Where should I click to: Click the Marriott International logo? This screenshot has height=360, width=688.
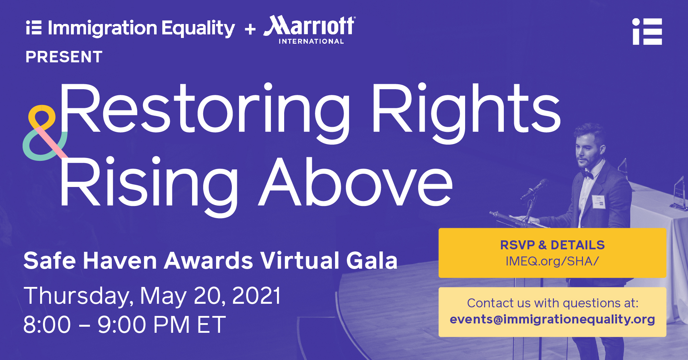tap(310, 30)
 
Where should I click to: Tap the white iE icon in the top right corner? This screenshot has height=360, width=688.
tap(647, 32)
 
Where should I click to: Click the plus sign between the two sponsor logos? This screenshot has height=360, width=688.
tap(250, 29)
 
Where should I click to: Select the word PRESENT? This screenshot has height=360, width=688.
tap(64, 57)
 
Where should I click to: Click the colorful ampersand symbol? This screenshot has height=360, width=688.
tap(44, 133)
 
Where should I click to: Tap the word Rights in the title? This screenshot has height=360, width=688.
tap(466, 111)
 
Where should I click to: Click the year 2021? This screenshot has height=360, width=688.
tap(257, 296)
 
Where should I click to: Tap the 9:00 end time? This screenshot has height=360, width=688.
tap(122, 325)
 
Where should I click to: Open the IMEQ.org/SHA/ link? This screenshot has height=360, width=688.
tap(552, 261)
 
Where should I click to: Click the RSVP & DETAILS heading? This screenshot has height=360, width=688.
tap(552, 245)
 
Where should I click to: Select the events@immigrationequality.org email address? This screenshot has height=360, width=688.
tap(552, 319)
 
